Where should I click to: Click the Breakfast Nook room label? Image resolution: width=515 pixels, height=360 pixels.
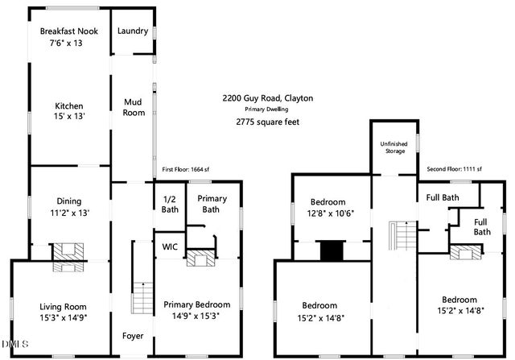click(x=69, y=31)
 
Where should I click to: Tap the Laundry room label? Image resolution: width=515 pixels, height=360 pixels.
click(x=133, y=31)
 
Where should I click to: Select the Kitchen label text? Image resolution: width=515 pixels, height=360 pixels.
click(x=69, y=106)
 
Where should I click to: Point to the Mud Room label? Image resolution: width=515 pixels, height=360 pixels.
click(x=133, y=107)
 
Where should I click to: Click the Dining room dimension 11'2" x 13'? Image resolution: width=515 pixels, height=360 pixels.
click(x=68, y=213)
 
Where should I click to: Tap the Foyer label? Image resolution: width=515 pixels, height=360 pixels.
click(x=133, y=335)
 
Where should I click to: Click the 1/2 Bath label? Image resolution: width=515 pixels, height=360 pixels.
click(x=170, y=205)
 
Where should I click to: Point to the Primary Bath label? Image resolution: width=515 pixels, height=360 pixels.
click(x=212, y=204)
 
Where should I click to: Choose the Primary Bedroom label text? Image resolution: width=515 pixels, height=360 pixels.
click(x=197, y=304)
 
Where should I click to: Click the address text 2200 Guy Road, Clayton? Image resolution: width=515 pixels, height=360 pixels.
click(x=268, y=98)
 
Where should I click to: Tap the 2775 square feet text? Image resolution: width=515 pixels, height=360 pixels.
click(x=268, y=122)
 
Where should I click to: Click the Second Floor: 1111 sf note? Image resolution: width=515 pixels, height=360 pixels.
click(x=454, y=169)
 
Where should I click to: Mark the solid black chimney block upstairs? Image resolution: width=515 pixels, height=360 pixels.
click(x=332, y=250)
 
